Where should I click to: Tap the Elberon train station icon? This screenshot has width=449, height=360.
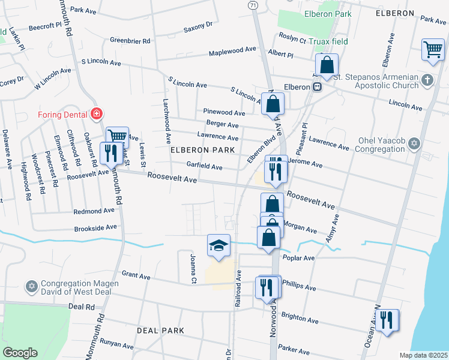click(317, 87)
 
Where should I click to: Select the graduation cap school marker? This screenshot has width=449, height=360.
click(218, 245)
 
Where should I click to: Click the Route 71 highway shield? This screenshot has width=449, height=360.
click(253, 5)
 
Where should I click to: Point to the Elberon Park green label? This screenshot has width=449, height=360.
click(327, 13)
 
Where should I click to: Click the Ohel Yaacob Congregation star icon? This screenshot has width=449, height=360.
click(414, 143)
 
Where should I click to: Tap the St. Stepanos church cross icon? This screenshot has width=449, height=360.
click(427, 80)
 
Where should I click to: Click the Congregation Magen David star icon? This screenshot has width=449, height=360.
click(31, 286)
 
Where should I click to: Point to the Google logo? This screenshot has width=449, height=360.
click(20, 353)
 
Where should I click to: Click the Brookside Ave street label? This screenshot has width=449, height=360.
click(95, 229)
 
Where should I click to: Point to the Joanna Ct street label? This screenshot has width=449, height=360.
click(193, 268)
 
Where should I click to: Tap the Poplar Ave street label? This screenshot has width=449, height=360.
click(301, 258)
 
